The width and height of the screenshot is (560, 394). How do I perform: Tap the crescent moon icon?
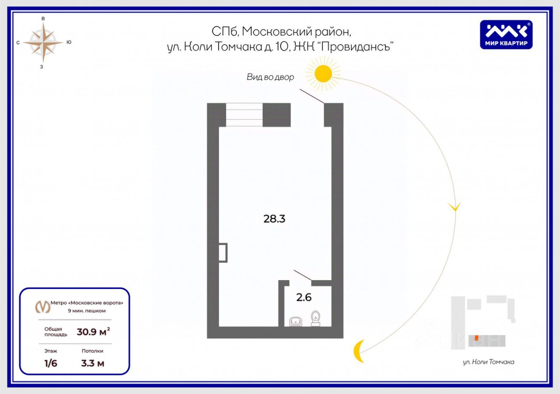coord(359,351)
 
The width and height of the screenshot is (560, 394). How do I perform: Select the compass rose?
coord(43,42)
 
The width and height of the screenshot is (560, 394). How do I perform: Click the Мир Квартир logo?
coord(506,35)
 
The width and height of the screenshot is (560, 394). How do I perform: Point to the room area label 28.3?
coord(274,219)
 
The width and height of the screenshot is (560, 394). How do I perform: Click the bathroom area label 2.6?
coord(304,298)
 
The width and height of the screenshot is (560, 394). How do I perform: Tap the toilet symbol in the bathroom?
coord(315,318)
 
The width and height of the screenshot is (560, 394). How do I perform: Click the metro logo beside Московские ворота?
coord(42,307)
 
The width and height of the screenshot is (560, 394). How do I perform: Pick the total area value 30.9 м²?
coord(93,332)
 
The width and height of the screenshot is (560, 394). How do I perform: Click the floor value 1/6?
coord(51,363)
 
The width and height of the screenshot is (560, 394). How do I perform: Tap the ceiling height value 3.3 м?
coord(93,363)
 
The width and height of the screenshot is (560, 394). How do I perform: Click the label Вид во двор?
coord(270,77)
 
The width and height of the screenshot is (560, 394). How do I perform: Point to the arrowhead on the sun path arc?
coord(455,207)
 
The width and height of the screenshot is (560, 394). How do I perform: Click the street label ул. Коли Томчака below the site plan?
coord(488,362)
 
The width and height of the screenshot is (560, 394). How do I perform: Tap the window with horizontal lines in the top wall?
coord(244,115)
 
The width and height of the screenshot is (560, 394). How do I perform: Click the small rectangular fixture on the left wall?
coord(223,253)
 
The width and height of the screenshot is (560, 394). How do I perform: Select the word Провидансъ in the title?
coord(355,47)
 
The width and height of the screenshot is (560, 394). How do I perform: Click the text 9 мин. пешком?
coord(86,311)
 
